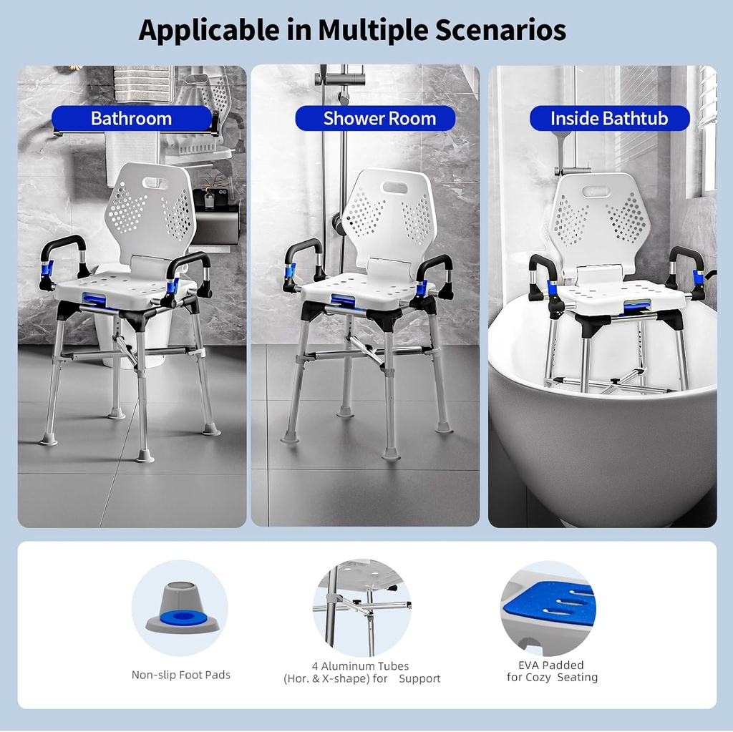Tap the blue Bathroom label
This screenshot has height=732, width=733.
pyautogui.click(x=132, y=119)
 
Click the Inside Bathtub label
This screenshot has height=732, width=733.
pyautogui.click(x=608, y=119)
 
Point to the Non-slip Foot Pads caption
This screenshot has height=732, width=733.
pyautogui.click(x=180, y=675)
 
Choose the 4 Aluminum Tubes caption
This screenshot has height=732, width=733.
pyautogui.click(x=361, y=671)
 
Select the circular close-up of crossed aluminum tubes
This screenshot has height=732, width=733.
pyautogui.click(x=361, y=607)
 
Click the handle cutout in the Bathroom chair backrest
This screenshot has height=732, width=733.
pyautogui.click(x=154, y=183)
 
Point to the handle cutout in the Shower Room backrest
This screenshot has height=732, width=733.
pyautogui.click(x=394, y=187)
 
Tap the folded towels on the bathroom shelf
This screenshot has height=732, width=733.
pyautogui.click(x=143, y=84)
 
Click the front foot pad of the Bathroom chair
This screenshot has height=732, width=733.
pyautogui.click(x=144, y=455)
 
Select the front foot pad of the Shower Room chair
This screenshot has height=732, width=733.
pyautogui.click(x=391, y=453)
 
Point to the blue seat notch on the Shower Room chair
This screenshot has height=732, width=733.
pyautogui.click(x=342, y=301)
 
